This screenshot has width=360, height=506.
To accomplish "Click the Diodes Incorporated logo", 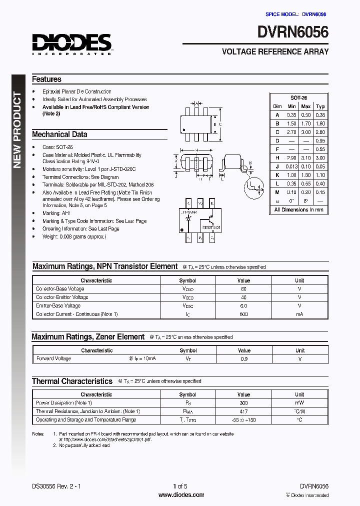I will point(72,44).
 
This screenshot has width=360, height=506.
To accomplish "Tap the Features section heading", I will point(46,79).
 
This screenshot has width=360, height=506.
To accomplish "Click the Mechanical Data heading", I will point(59,134).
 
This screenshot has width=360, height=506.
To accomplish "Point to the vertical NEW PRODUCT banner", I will point(17,130).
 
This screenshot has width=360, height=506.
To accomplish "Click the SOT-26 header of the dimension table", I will point(298,98).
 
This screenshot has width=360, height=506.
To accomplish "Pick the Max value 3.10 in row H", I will point(306,157).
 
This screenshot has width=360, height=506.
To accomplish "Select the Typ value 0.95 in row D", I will point(320,141).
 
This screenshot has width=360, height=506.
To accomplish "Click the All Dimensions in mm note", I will point(298,209).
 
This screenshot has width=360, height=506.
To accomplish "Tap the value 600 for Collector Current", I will point(243,314).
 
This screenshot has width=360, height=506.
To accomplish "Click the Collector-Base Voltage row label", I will point(60,289).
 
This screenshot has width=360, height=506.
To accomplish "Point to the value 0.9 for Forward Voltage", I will point(244,358).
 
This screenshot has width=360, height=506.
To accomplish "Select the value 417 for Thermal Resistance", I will point(243,411).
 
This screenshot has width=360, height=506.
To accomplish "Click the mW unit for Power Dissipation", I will point(299,402).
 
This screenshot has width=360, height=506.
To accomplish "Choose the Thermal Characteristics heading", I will point(72,381).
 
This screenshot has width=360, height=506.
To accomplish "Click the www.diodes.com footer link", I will point(181,495).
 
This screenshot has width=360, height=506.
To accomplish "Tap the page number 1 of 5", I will point(180,486).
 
